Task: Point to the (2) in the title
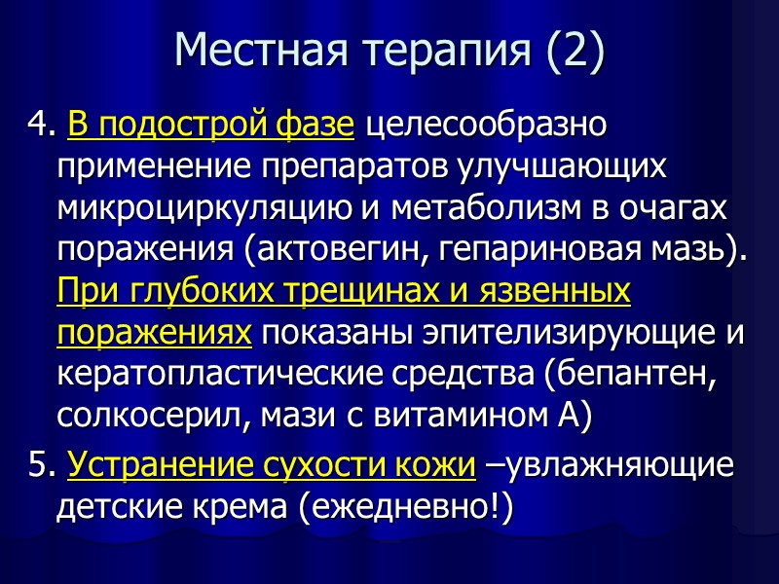pos(568,50)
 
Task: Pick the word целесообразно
pos(488,126)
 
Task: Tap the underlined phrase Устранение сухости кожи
pos(272,466)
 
